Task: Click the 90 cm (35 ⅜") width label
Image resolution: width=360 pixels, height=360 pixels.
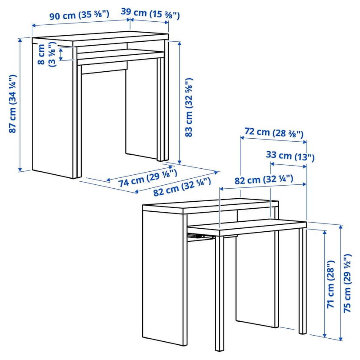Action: point(79,15)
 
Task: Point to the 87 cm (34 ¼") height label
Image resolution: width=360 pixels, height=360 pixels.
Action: point(13,103)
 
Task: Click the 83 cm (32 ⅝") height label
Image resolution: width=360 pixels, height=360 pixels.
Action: point(189,107)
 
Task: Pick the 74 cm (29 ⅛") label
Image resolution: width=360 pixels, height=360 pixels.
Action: point(148,178)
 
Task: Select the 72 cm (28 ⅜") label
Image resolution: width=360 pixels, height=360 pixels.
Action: point(273,133)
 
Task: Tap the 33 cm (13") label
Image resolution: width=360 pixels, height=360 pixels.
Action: point(290,156)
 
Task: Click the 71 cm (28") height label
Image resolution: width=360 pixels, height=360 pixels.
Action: point(330,284)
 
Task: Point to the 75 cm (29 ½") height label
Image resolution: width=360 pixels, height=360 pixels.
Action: point(347,283)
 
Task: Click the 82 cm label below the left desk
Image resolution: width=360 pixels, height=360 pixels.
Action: point(182,187)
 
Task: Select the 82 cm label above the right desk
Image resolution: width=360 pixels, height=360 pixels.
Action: point(264,180)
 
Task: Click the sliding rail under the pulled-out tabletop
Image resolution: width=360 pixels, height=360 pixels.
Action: point(201,237)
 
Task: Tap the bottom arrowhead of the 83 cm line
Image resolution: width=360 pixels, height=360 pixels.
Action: point(180,161)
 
